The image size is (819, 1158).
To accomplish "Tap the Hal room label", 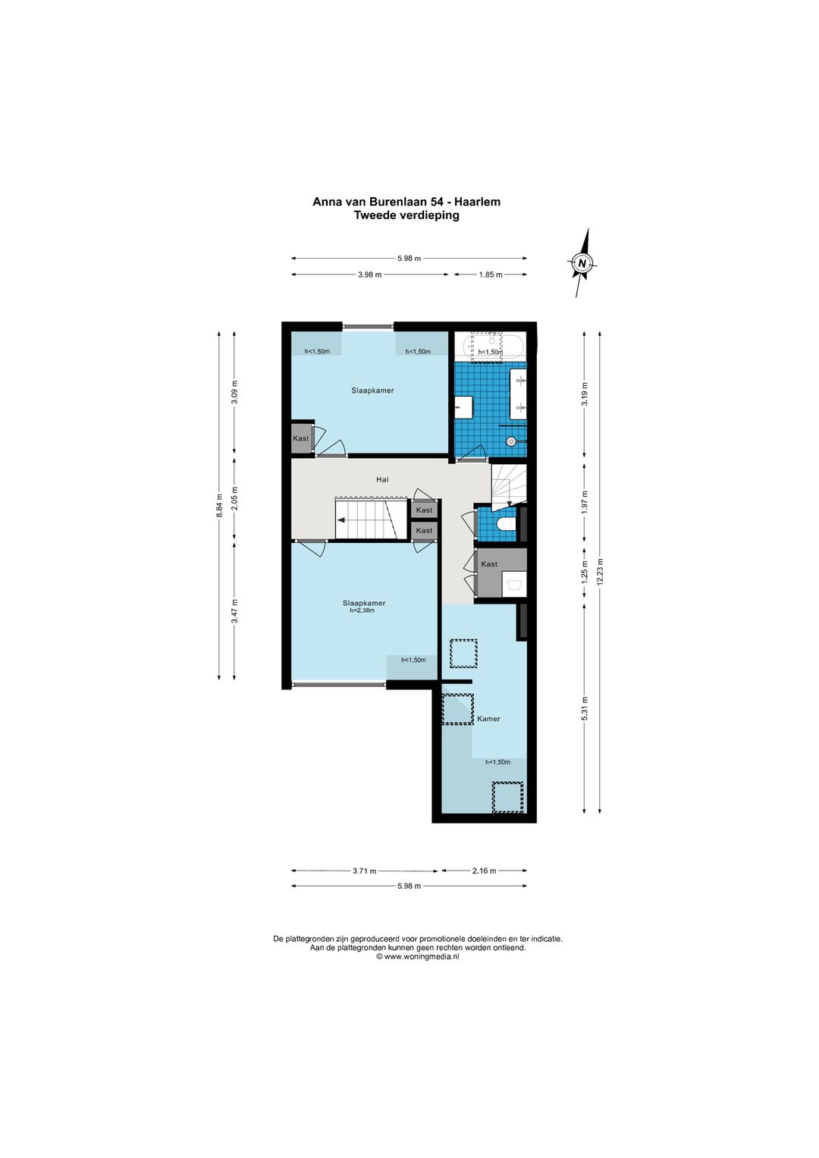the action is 382,480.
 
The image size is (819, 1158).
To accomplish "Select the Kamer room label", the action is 488,719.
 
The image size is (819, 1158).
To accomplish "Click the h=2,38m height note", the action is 362,610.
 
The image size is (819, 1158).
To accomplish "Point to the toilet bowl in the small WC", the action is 507,525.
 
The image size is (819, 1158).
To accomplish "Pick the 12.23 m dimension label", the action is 599,572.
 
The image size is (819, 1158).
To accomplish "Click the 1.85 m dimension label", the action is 491,275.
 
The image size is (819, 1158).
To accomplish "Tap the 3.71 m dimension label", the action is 365,871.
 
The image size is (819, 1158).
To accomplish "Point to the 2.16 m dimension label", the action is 484,871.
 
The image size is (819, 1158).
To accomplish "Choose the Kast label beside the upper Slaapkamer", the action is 301,438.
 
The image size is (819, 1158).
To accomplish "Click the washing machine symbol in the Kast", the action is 514,585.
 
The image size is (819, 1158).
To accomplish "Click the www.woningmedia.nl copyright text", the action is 418,957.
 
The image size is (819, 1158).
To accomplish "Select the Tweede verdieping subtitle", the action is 406,215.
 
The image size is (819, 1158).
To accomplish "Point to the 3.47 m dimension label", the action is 234,611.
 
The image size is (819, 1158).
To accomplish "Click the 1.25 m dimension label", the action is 584,573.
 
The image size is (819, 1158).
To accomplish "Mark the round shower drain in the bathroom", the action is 511,441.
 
